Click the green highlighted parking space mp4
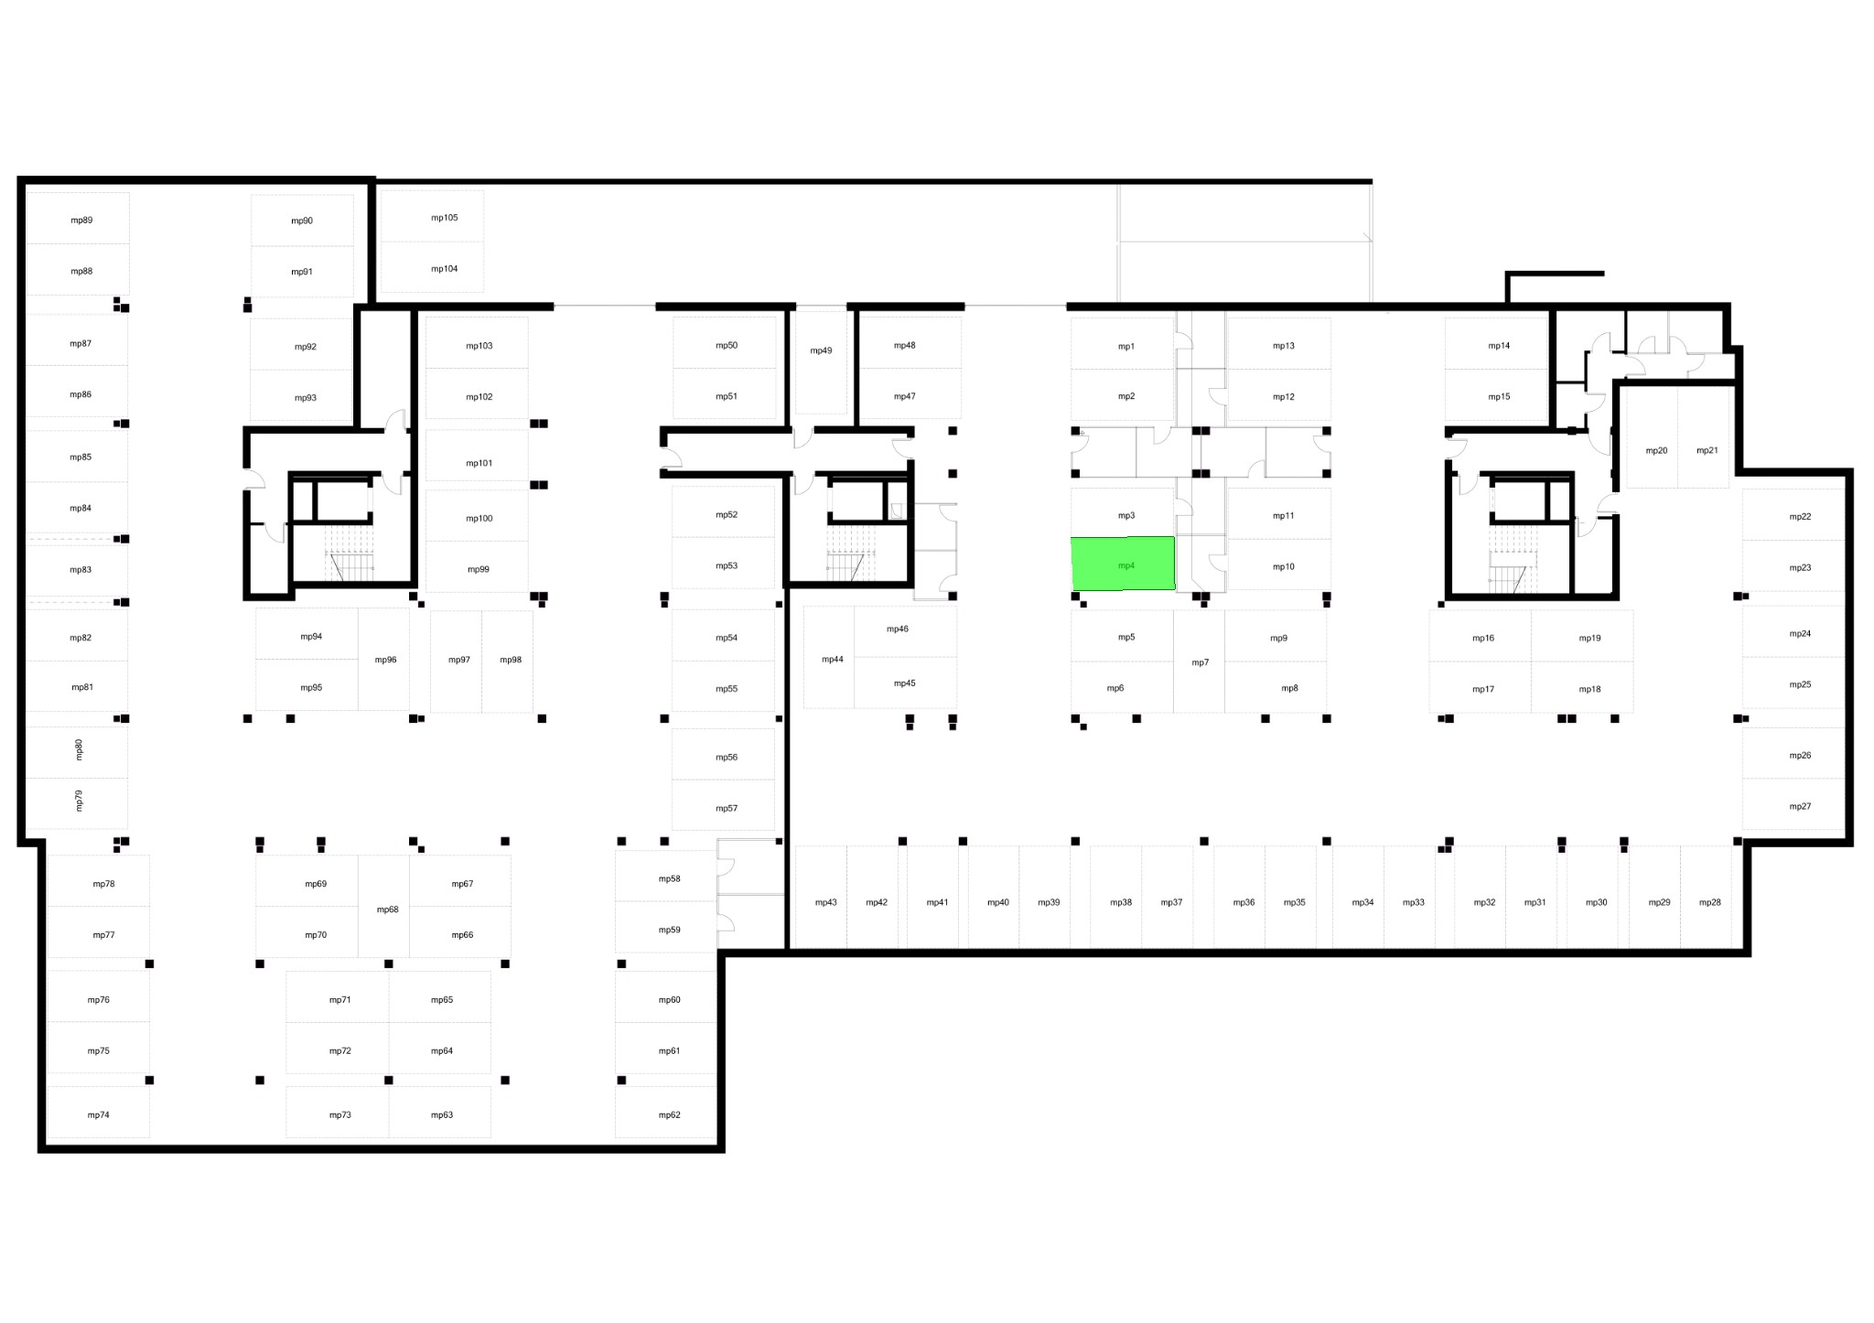click(1123, 564)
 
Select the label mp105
click(445, 218)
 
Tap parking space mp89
click(78, 218)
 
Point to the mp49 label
click(821, 350)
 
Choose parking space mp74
click(98, 1113)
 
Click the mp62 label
click(670, 1115)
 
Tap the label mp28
click(1710, 902)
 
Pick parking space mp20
click(1652, 437)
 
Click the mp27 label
click(1800, 806)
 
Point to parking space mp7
click(1200, 661)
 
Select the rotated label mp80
click(79, 749)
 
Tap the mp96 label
click(386, 660)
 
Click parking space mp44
click(829, 657)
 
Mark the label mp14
click(1499, 346)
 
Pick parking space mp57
click(723, 805)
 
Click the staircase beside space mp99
click(351, 553)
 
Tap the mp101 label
click(479, 463)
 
